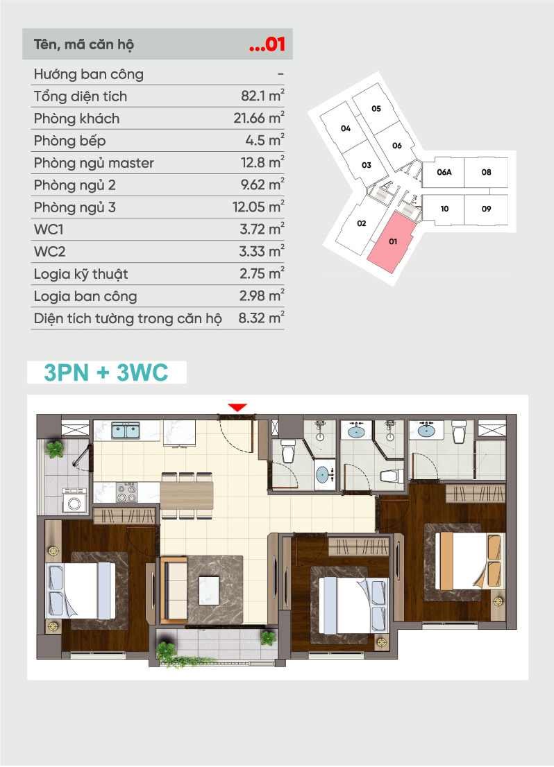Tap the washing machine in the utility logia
point(74,501)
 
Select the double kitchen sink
point(126,431)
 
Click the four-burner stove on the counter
point(126,492)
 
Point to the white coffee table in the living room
point(209,590)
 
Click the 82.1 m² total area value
point(262,96)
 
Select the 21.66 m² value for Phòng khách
point(259,118)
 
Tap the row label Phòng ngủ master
point(94,163)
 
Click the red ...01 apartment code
point(267,44)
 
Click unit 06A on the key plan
point(444,172)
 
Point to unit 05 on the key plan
point(376,109)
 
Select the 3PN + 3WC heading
point(106,372)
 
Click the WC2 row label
point(49,252)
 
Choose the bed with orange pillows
point(469,560)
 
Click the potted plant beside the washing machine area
point(55,449)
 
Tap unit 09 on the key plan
point(486,209)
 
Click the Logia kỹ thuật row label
point(81,274)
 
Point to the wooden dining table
point(187,494)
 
